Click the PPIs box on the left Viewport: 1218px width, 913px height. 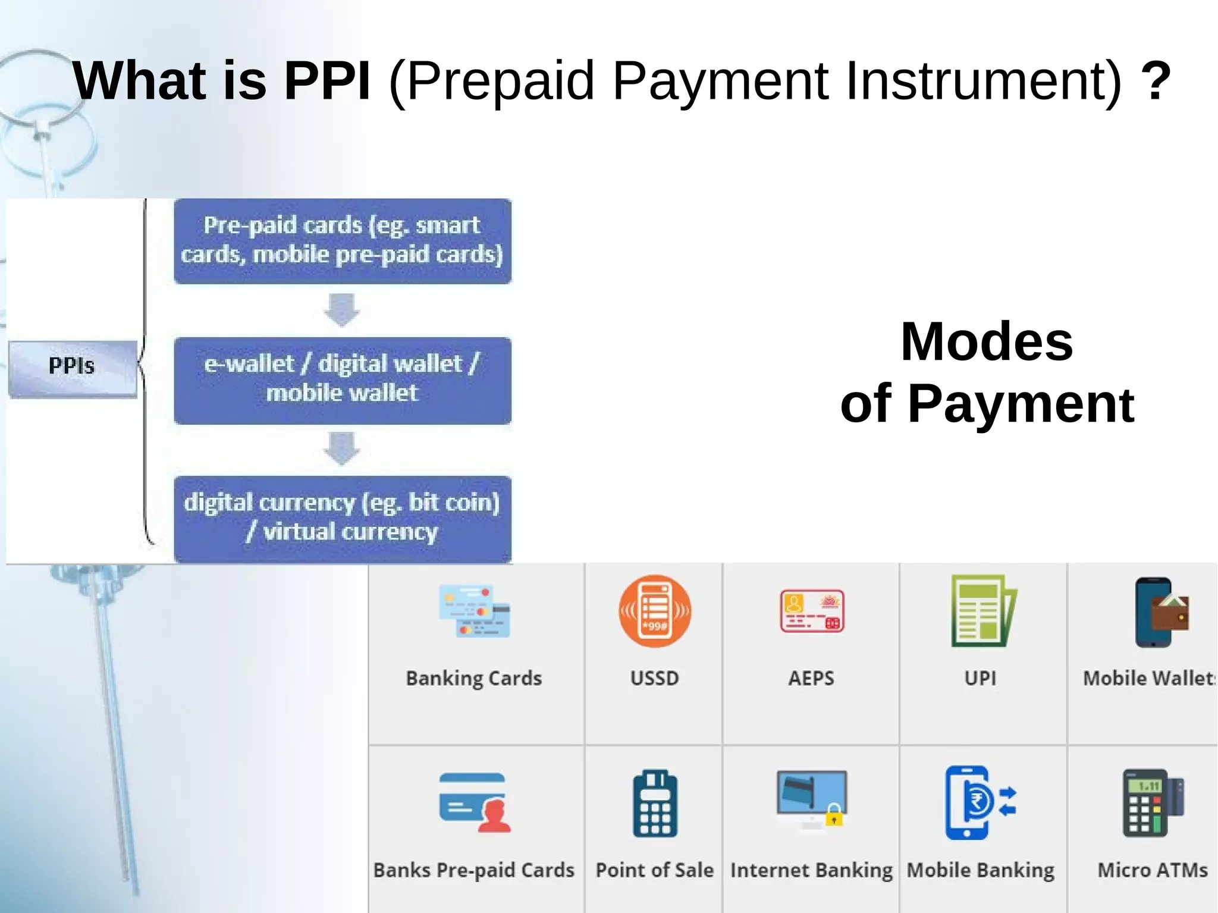pos(72,368)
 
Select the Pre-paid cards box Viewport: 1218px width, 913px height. pos(342,241)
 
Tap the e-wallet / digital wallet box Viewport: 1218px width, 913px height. pos(342,380)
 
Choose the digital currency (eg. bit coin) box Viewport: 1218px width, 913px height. pos(342,519)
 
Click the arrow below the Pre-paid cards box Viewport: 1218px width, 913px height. pos(342,309)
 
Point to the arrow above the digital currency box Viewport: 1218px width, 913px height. pos(342,448)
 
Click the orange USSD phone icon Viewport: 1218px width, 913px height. pos(655,611)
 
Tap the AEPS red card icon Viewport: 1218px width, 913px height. pos(812,611)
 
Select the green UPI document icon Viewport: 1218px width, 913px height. pos(982,611)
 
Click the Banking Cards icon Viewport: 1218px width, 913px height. pos(474,611)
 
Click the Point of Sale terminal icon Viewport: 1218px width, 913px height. pos(655,804)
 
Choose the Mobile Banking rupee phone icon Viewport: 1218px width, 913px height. pos(978,802)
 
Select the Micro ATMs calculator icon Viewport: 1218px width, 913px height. pos(1152,803)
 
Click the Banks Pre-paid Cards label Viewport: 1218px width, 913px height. pos(474,870)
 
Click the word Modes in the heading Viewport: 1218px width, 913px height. pos(987,341)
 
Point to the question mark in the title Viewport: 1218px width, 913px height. pos(1156,80)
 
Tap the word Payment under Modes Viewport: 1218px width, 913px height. pos(1021,404)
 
